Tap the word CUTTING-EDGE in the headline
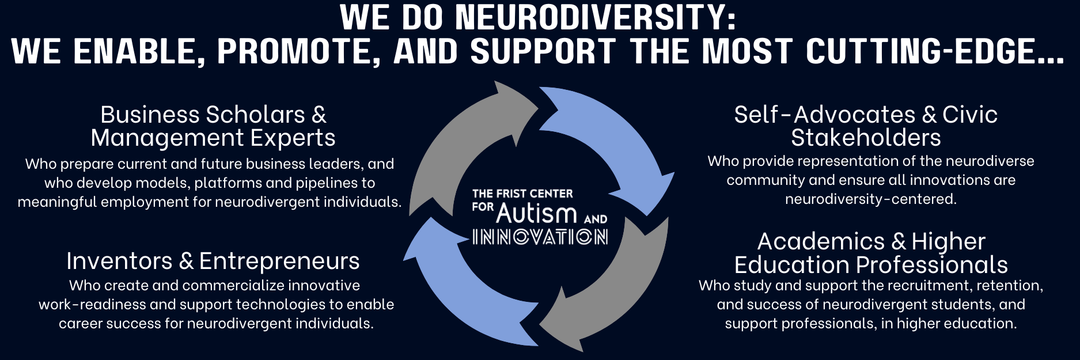point(933,51)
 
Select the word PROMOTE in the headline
point(298,51)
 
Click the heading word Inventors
point(119,261)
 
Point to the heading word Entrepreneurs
point(279,261)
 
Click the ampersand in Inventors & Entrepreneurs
point(186,261)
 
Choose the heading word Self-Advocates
point(825,115)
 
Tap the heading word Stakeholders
point(866,138)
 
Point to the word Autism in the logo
point(536,214)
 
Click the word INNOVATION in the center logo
point(540,237)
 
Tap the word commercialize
point(233,285)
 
